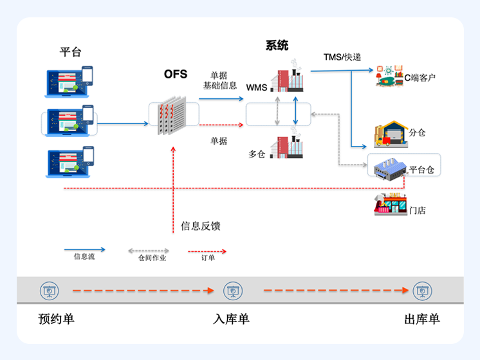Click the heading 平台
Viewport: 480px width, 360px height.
click(x=71, y=52)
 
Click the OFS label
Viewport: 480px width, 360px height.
click(x=176, y=75)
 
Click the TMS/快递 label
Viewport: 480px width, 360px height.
click(x=342, y=57)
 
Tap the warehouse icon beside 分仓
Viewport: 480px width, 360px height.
click(x=389, y=134)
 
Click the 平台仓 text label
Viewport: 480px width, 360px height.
click(x=422, y=170)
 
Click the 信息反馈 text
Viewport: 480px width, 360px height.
click(x=201, y=226)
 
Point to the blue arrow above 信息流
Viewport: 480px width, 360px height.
click(x=84, y=249)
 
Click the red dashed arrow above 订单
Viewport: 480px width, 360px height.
click(x=207, y=251)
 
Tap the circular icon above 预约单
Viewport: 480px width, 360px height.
click(x=48, y=291)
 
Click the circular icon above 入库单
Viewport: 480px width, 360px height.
click(x=232, y=291)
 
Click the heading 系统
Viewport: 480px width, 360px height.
click(x=277, y=46)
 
